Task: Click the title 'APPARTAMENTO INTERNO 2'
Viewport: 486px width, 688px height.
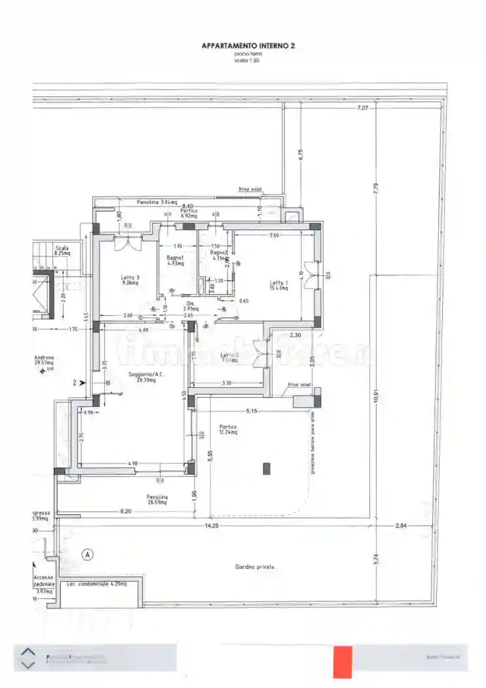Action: (248, 46)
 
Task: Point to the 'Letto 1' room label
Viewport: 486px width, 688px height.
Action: (279, 286)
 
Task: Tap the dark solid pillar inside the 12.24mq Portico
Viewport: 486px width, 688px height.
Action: (266, 468)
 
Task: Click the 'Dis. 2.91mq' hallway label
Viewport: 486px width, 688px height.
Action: (190, 305)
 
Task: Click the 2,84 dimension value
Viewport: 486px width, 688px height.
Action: (401, 525)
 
